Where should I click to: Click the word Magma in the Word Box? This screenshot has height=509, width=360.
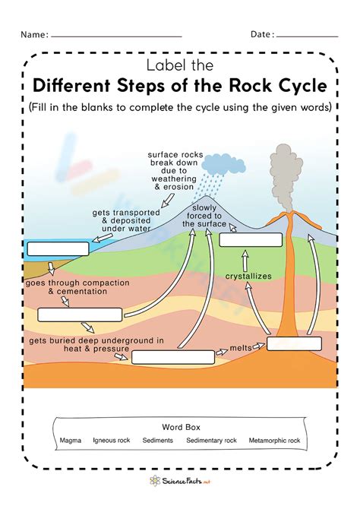(71, 441)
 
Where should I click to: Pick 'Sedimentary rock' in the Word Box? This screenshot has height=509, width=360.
(212, 441)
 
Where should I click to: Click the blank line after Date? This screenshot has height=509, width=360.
(308, 35)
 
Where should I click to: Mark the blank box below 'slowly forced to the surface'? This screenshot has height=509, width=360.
(251, 241)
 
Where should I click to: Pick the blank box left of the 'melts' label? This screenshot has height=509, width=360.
(172, 357)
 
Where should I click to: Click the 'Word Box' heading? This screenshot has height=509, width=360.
(180, 427)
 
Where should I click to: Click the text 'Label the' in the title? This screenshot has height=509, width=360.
(179, 65)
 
